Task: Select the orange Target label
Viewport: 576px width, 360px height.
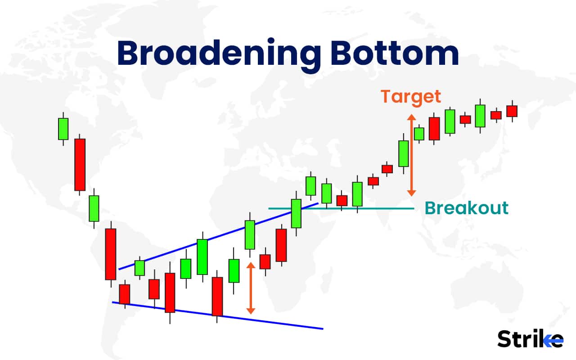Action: (x=410, y=96)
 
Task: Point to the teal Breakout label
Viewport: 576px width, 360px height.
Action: (x=467, y=208)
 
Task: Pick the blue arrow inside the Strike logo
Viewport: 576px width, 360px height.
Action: (x=554, y=342)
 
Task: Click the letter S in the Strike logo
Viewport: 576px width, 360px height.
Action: (x=505, y=338)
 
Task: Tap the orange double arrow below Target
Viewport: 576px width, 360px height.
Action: (x=410, y=155)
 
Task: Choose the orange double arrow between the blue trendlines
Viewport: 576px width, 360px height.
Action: (x=251, y=288)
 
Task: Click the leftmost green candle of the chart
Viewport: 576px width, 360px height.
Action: (x=63, y=129)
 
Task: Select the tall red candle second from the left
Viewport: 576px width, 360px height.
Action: (x=80, y=164)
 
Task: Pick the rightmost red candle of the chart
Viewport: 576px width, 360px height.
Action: (x=512, y=111)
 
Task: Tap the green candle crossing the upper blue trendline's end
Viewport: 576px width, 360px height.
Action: (x=296, y=213)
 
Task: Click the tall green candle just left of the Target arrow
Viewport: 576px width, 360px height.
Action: (x=403, y=153)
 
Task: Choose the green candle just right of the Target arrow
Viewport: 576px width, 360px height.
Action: (x=419, y=134)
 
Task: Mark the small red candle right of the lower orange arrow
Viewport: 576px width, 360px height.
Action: (x=265, y=261)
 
